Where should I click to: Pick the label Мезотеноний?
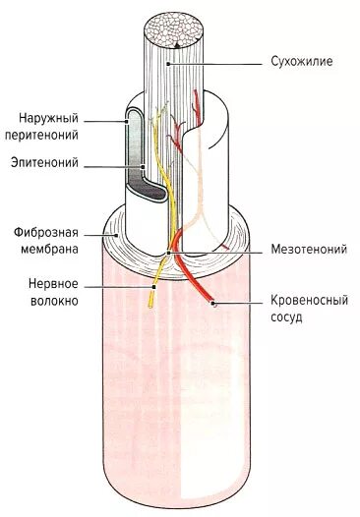(x=308, y=250)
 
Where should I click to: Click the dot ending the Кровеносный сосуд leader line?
(x=214, y=305)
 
